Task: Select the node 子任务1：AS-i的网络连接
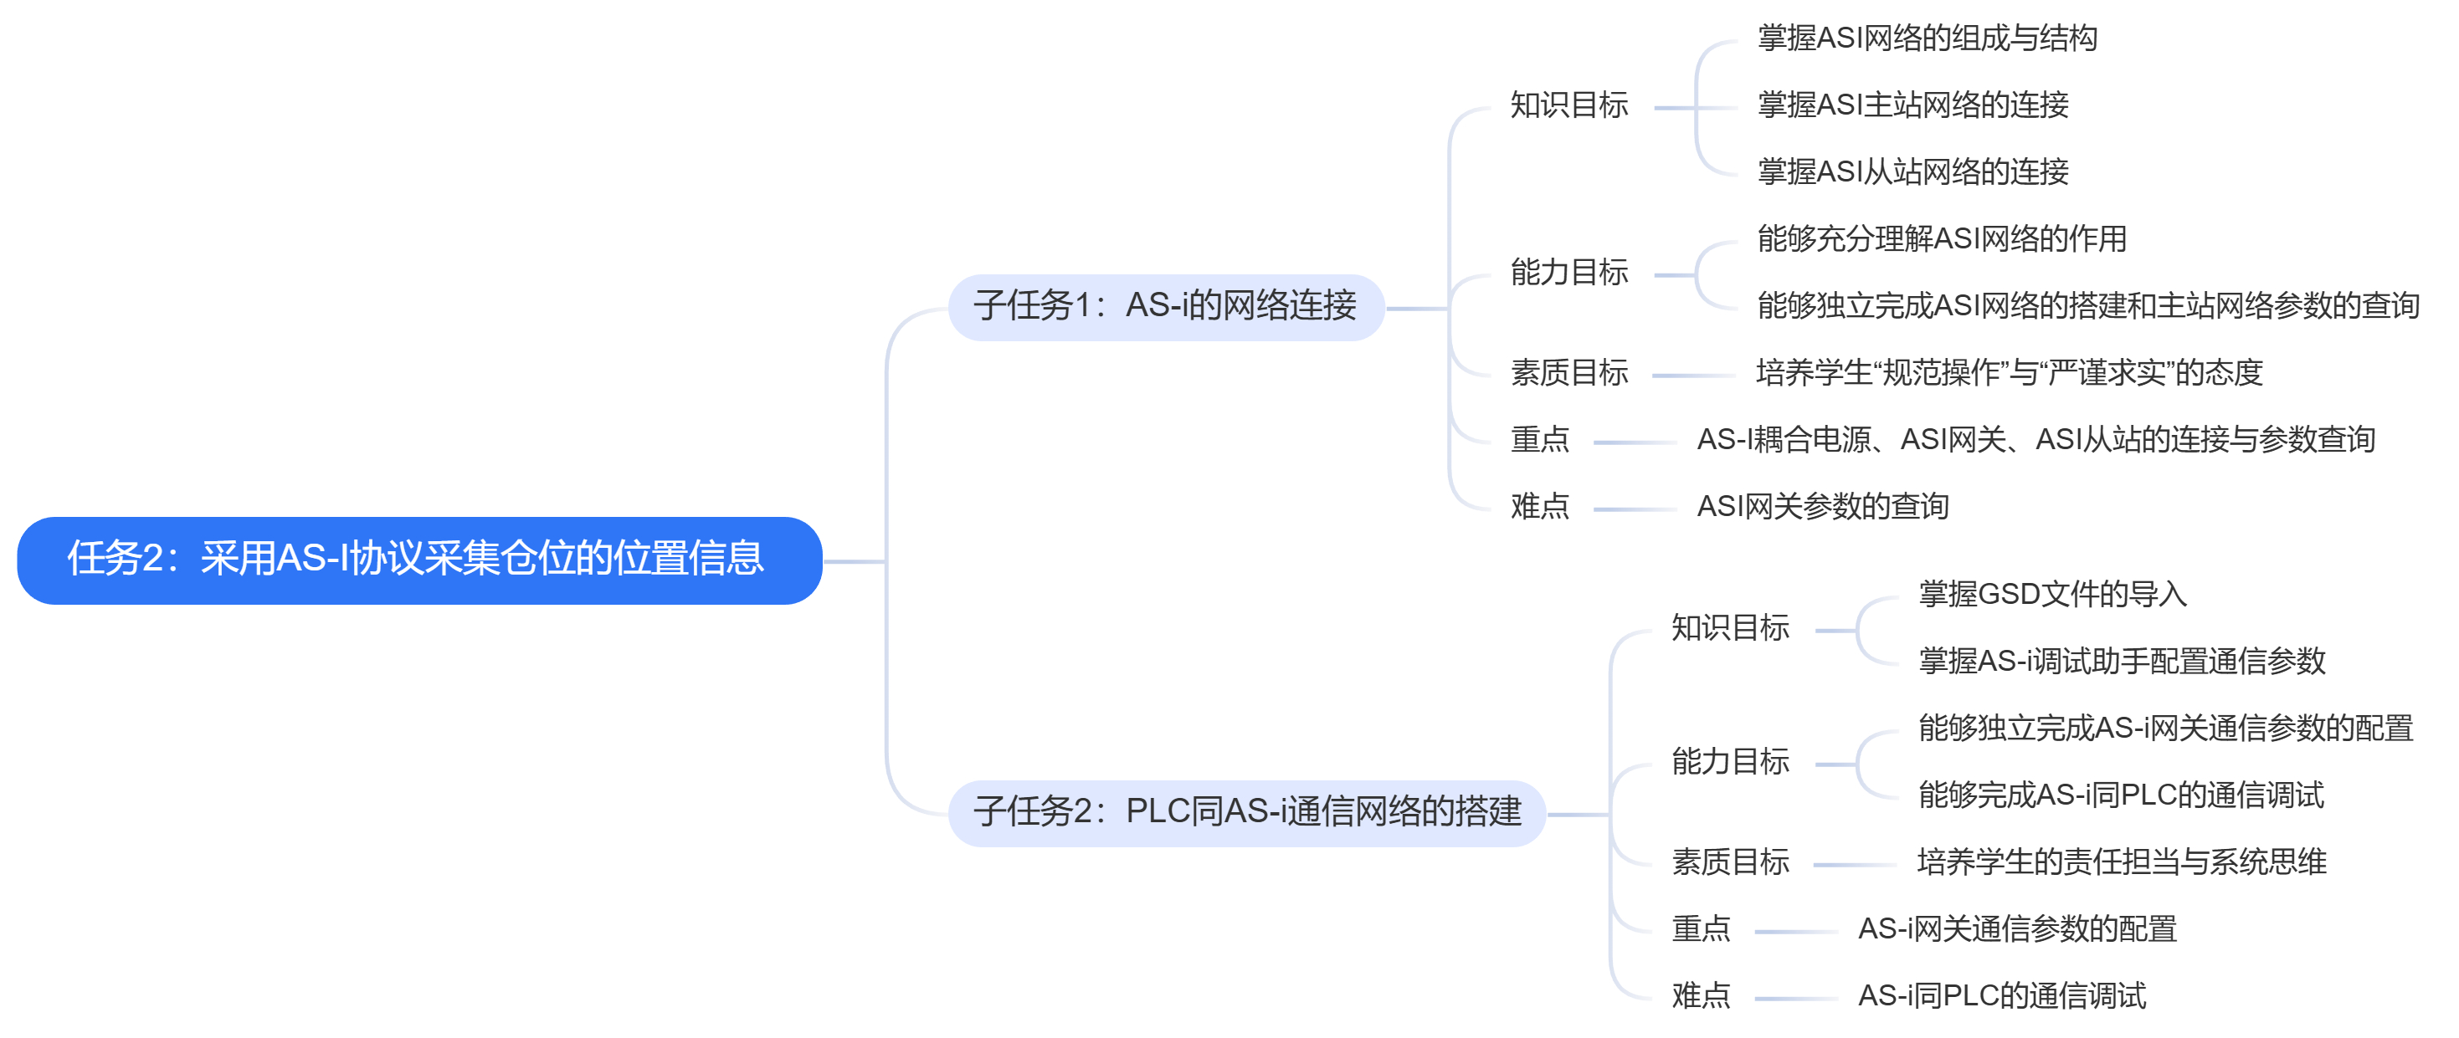pyautogui.click(x=1164, y=306)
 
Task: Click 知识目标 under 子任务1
pyautogui.click(x=1568, y=105)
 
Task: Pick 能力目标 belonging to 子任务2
pyautogui.click(x=1730, y=761)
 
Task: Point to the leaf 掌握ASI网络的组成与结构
pyautogui.click(x=1927, y=38)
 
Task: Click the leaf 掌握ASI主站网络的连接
pyautogui.click(x=1912, y=105)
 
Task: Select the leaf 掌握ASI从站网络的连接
pyautogui.click(x=1912, y=171)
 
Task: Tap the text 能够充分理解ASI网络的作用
pyautogui.click(x=1942, y=238)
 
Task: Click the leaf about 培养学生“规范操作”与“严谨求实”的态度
pyautogui.click(x=2009, y=372)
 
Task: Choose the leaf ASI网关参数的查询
pyautogui.click(x=1822, y=506)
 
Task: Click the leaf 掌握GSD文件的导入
pyautogui.click(x=2052, y=595)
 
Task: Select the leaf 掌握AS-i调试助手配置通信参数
pyautogui.click(x=2121, y=661)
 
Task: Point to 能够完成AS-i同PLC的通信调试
pyautogui.click(x=2120, y=795)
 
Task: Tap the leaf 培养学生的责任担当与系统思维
pyautogui.click(x=2121, y=862)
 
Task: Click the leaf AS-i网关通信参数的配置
pyautogui.click(x=2016, y=928)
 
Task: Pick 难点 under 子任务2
pyautogui.click(x=1700, y=995)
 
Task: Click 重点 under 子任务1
pyautogui.click(x=1539, y=439)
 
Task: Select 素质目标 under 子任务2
pyautogui.click(x=1730, y=862)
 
